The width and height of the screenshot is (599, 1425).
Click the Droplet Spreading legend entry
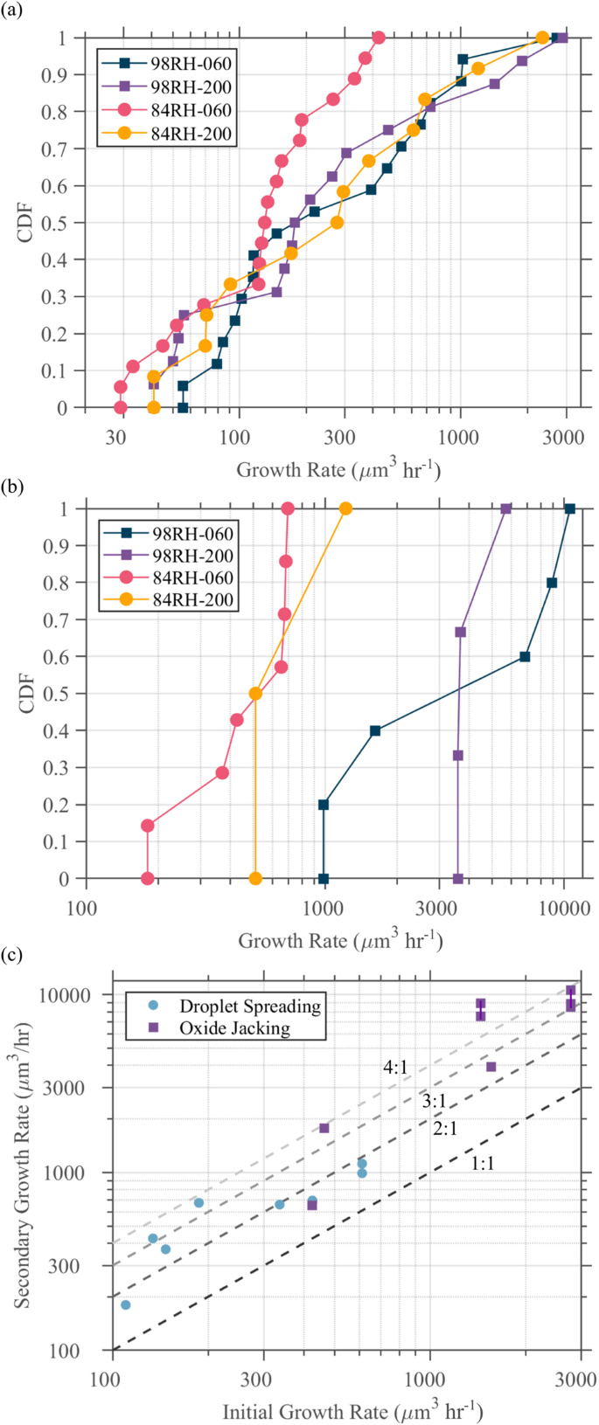coord(249,1006)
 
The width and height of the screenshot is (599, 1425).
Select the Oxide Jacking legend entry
coord(234,1027)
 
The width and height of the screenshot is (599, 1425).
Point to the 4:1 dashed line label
coord(395,1067)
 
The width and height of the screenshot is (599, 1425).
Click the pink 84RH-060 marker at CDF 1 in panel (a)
coord(379,38)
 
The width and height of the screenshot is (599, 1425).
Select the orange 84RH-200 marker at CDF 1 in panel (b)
coord(346,508)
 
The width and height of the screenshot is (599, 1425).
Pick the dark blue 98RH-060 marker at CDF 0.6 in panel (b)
coord(525,656)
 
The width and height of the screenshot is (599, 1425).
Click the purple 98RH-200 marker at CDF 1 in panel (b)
coord(505,508)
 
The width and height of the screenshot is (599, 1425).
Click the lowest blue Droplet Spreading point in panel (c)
coord(125,1304)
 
